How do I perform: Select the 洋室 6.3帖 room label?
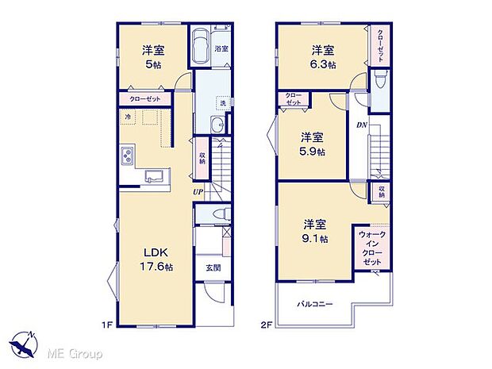pyautogui.click(x=323, y=56)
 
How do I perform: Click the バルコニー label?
pyautogui.click(x=315, y=304)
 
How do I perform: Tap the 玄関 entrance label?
pyautogui.click(x=213, y=267)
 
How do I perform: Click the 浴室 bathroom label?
pyautogui.click(x=222, y=49)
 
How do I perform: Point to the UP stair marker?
pyautogui.click(x=195, y=191)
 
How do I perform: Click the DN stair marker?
pyautogui.click(x=361, y=125)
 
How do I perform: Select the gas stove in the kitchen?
pyautogui.click(x=127, y=156)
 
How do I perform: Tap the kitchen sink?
pyautogui.click(x=155, y=176)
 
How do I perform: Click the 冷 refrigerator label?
pyautogui.click(x=127, y=117)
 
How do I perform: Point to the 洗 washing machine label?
pyautogui.click(x=223, y=103)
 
